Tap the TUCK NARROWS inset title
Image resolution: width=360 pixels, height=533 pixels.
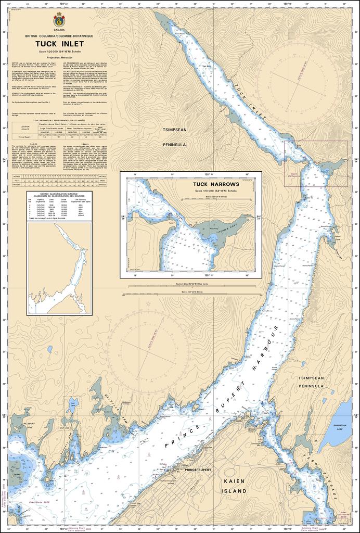point(216,184)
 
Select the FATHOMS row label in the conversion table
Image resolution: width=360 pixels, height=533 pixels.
point(17,184)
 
